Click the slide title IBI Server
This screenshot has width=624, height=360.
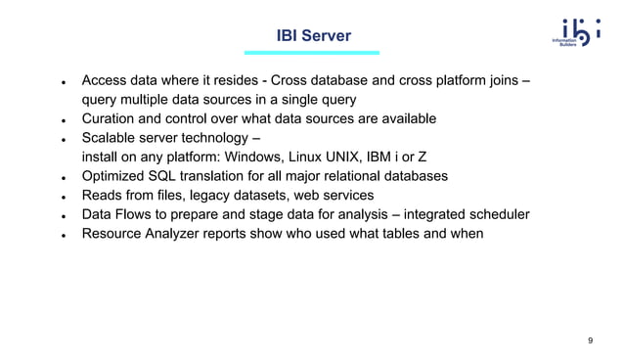coord(312,36)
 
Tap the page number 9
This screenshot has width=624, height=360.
coord(590,340)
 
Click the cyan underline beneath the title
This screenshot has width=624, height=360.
coord(312,53)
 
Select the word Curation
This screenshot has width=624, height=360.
coord(112,118)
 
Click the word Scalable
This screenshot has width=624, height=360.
coord(113,138)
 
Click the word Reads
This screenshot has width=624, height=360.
coord(104,195)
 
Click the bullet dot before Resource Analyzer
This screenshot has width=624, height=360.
coord(63,235)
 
